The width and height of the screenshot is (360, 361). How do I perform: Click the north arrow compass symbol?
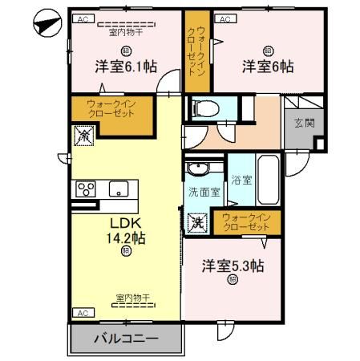[x=47, y=23]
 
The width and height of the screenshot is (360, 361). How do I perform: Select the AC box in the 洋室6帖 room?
[x=225, y=18]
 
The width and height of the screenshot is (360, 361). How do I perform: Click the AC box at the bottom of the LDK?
[x=82, y=312]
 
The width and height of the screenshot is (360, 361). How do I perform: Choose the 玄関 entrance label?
[x=304, y=123]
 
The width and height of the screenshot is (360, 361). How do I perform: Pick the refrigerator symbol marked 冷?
[x=83, y=137]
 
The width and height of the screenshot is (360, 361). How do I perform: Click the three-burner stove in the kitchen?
[x=86, y=190]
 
